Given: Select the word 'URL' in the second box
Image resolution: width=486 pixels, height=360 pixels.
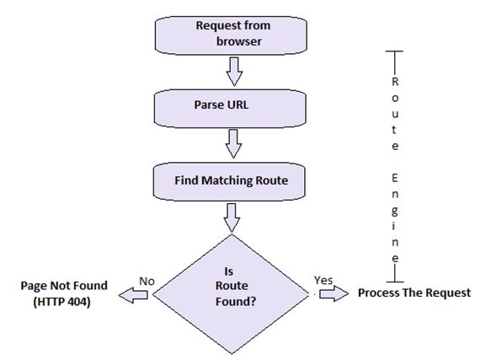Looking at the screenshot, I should point(247,107).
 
